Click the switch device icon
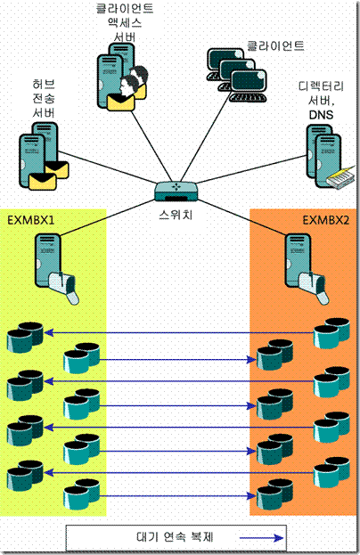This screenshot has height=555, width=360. tap(176, 192)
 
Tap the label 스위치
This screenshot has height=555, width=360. tap(176, 214)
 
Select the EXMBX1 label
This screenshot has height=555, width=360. tap(31, 220)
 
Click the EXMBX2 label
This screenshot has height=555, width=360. tap(325, 220)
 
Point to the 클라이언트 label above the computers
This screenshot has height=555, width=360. tap(275, 45)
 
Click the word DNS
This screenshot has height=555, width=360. tap(321, 115)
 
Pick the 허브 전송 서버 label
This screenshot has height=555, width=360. tap(44, 98)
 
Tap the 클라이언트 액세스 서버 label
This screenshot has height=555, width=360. tap(125, 22)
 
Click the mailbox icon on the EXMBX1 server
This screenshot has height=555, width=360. tap(64, 287)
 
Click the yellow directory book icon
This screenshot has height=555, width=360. tap(340, 176)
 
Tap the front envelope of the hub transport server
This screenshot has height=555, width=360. tap(42, 181)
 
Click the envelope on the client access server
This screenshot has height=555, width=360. tap(120, 102)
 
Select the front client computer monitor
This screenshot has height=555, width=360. tap(249, 81)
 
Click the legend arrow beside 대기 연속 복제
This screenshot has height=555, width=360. tap(261, 538)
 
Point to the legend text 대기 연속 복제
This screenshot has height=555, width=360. tap(175, 537)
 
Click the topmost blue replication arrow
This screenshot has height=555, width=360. tap(179, 332)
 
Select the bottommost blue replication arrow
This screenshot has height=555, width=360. tap(177, 496)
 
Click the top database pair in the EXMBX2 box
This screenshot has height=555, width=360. tap(331, 333)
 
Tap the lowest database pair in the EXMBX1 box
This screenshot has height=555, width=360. tap(81, 494)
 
